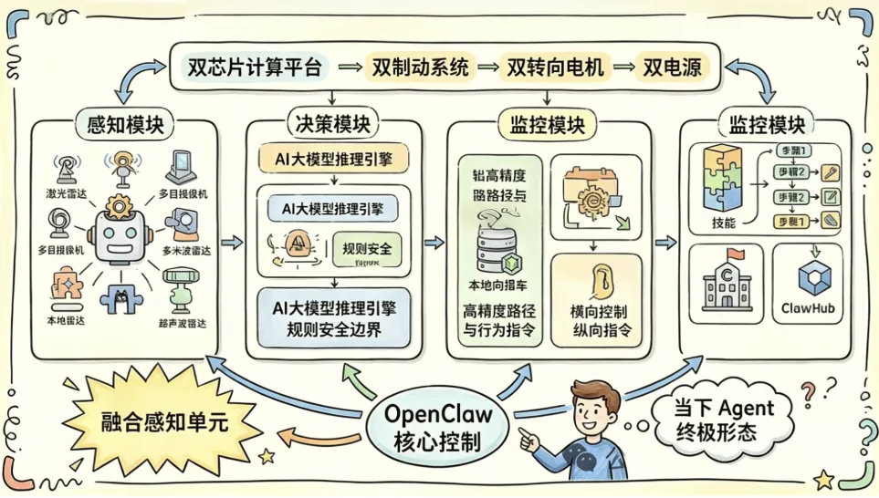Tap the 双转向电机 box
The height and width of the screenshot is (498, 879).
pos(555,67)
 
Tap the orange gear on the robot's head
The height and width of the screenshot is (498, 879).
pos(119,207)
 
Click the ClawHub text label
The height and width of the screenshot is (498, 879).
pos(808,308)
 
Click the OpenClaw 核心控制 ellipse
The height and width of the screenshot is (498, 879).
pos(441,426)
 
